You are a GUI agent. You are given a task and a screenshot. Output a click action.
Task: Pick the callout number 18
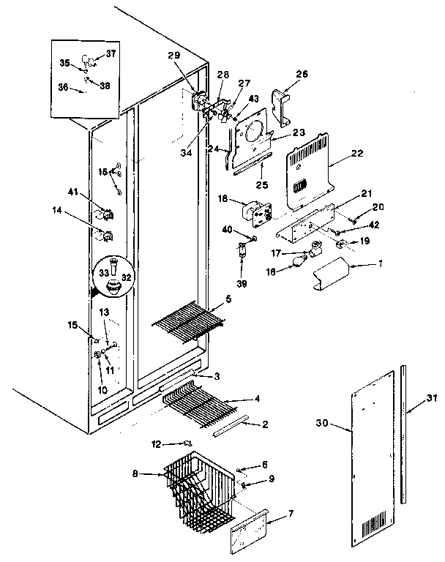pyautogui.click(x=221, y=199)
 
